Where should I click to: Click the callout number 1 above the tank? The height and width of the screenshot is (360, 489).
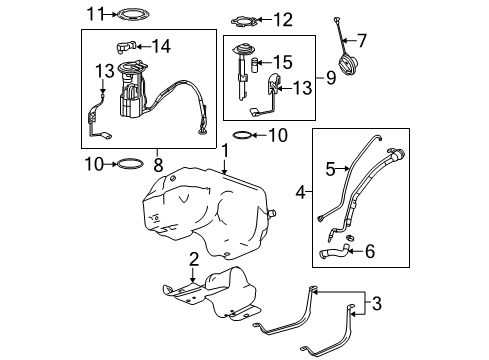(225, 150)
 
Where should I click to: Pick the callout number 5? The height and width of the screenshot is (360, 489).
(328, 170)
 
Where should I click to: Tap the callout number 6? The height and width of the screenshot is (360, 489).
(371, 253)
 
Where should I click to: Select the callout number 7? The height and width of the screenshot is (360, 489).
(362, 41)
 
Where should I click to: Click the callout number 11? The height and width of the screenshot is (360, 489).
(95, 14)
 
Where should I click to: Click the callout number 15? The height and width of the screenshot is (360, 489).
(283, 62)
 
